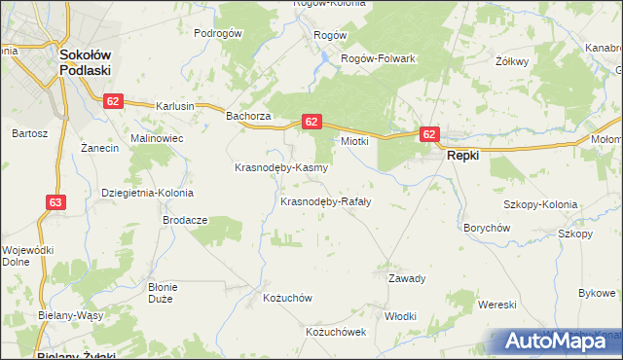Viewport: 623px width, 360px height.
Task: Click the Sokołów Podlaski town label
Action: [x=86, y=63]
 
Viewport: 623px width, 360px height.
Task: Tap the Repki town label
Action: [x=465, y=156]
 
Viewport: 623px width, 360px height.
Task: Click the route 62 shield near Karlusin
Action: [x=115, y=100]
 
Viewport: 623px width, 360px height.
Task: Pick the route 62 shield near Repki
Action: [x=429, y=135]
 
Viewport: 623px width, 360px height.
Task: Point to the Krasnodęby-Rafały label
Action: [x=325, y=201]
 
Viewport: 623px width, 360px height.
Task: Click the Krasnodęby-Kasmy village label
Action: [x=280, y=167]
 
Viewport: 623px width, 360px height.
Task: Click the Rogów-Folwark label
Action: [x=378, y=58]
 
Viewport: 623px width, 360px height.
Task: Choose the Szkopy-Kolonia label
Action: [x=540, y=205]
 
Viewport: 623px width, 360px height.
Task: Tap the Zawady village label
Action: [x=407, y=278]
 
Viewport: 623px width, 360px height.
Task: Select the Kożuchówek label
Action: [x=335, y=332]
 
